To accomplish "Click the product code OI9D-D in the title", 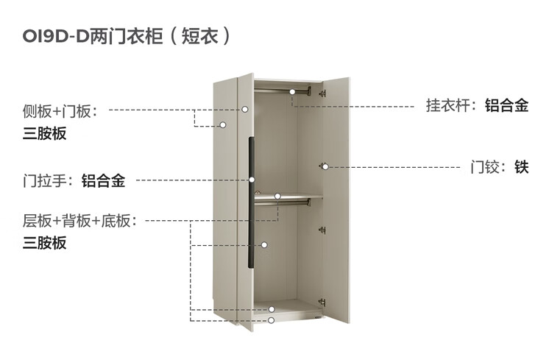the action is tap(54, 36).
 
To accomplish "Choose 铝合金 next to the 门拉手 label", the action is tap(103, 180).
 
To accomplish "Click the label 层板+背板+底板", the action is tap(79, 221).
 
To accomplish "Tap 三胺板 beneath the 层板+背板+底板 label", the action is tap(44, 243).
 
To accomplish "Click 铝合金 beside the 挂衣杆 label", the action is tap(506, 105).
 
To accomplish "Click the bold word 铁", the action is tap(522, 167).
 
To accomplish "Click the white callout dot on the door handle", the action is tap(252, 180).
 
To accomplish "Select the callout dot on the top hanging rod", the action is tap(292, 92).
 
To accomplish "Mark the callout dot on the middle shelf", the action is tap(278, 197).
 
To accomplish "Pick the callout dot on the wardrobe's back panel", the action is tap(263, 245).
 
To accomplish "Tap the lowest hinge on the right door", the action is tap(321, 300).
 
